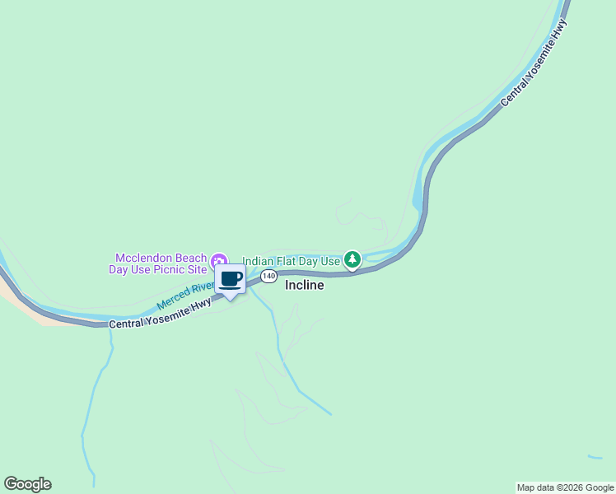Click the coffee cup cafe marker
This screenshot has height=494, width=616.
tap(230, 279)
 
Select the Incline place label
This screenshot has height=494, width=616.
tap(304, 286)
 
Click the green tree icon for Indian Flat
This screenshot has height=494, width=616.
tap(352, 260)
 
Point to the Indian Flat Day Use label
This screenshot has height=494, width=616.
tap(291, 261)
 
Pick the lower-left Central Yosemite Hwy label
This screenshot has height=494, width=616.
tap(160, 313)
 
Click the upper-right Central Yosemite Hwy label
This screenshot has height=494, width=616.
tap(534, 63)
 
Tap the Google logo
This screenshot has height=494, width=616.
tap(27, 484)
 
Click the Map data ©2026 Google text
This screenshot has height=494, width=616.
tap(565, 487)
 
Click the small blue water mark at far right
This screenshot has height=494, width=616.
tap(595, 457)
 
